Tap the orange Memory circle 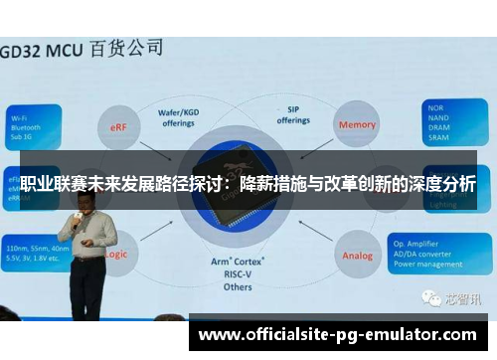(x=357, y=125)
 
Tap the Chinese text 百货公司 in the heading (x=126, y=48)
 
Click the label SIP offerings (x=292, y=115)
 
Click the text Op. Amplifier (x=445, y=244)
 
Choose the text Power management (x=454, y=266)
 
